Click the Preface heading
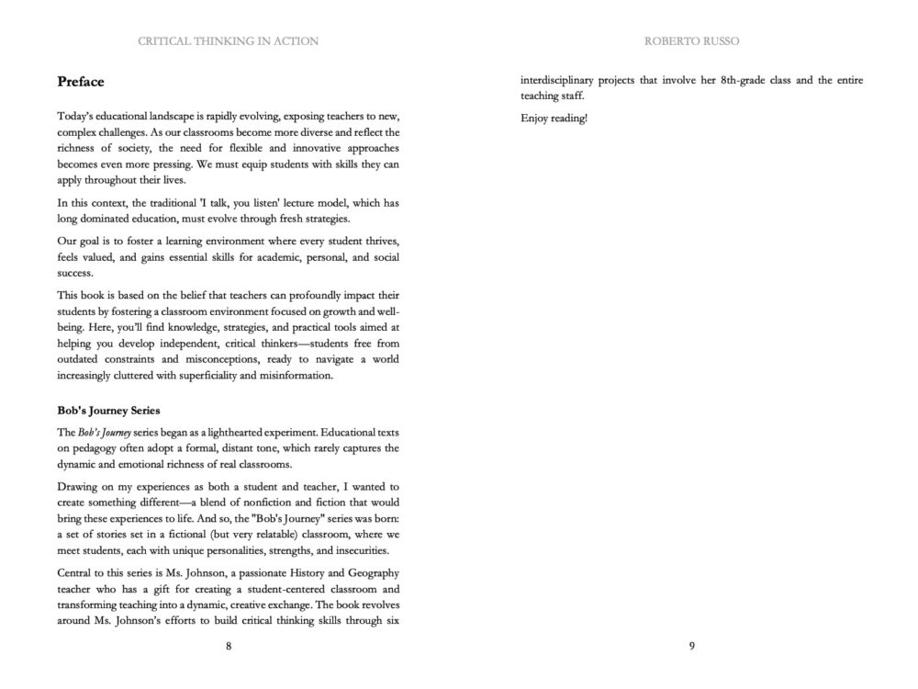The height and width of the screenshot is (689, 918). click(x=81, y=82)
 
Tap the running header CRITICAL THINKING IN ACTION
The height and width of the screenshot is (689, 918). click(x=228, y=41)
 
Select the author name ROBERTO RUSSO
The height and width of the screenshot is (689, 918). click(x=691, y=41)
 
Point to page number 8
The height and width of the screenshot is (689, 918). click(x=229, y=646)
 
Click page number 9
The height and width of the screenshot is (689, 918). click(x=691, y=646)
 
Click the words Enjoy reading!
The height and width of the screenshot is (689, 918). click(x=554, y=119)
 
